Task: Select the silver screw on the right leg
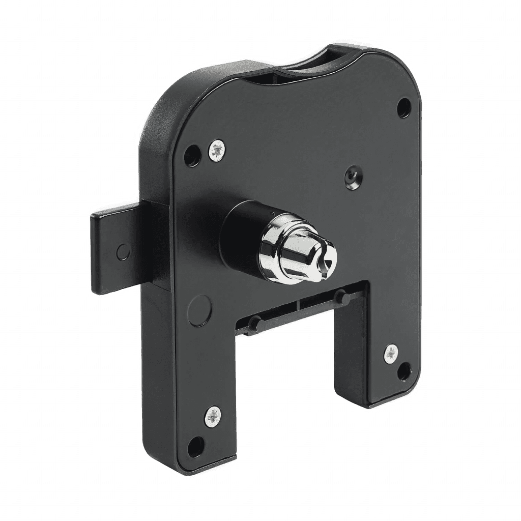coord(391,353)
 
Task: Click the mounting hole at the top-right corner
coord(404,106)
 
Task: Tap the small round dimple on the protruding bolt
coord(122,251)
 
